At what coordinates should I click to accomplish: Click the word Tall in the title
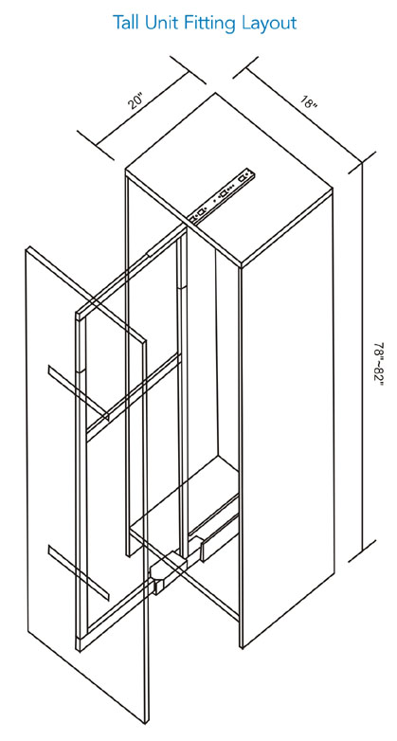125,22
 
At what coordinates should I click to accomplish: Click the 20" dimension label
135,101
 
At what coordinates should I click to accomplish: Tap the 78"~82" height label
379,364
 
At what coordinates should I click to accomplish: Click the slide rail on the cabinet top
222,193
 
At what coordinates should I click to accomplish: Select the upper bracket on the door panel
79,391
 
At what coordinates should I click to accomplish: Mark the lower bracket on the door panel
79,572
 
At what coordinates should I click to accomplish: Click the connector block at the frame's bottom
167,570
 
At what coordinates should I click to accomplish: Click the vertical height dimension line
363,357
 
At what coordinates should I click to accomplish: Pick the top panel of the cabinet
229,180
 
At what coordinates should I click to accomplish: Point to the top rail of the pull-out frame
132,271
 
